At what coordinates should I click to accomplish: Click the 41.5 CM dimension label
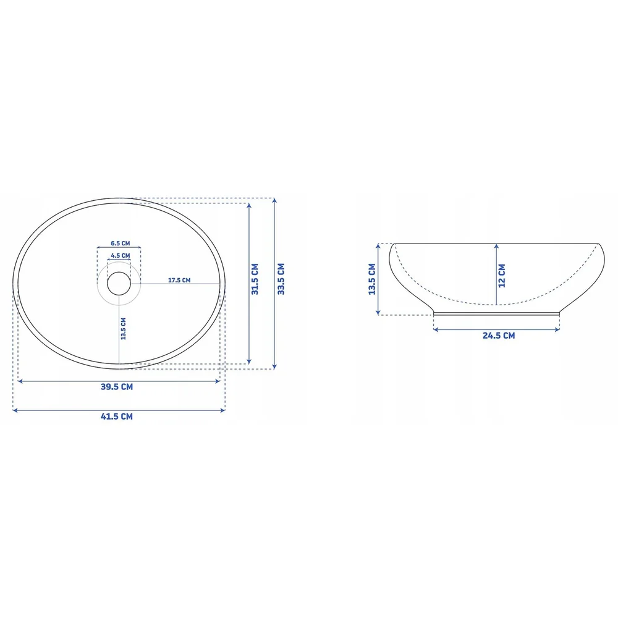tap(117, 416)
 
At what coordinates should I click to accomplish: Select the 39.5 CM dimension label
tap(117, 387)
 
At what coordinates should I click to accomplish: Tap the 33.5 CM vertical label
tap(281, 279)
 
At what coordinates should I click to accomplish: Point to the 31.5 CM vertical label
tap(255, 279)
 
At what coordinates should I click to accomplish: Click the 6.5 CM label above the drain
tap(121, 243)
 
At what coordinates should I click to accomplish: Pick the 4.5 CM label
tap(121, 255)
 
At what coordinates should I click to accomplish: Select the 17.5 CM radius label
tap(179, 280)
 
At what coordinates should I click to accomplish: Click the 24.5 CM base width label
tap(499, 336)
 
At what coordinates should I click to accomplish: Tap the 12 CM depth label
tap(502, 276)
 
